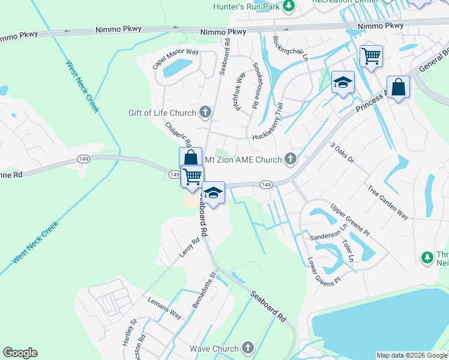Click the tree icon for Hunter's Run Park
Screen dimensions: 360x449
coord(289,6)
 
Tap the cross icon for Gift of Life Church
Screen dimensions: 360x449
coord(205,112)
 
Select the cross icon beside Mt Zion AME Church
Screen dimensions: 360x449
coord(291,159)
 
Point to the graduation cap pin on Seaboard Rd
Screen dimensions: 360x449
coord(212,193)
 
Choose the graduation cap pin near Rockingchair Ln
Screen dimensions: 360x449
coord(342,83)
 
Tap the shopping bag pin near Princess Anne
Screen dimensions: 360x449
coord(398,88)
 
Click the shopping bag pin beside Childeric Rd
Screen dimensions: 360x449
coord(190,158)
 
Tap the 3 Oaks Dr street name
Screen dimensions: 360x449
coord(342,153)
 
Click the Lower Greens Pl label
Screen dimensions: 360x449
coord(324,271)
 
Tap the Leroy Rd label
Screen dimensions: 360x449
coord(189,248)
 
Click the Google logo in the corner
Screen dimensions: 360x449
coord(20,353)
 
